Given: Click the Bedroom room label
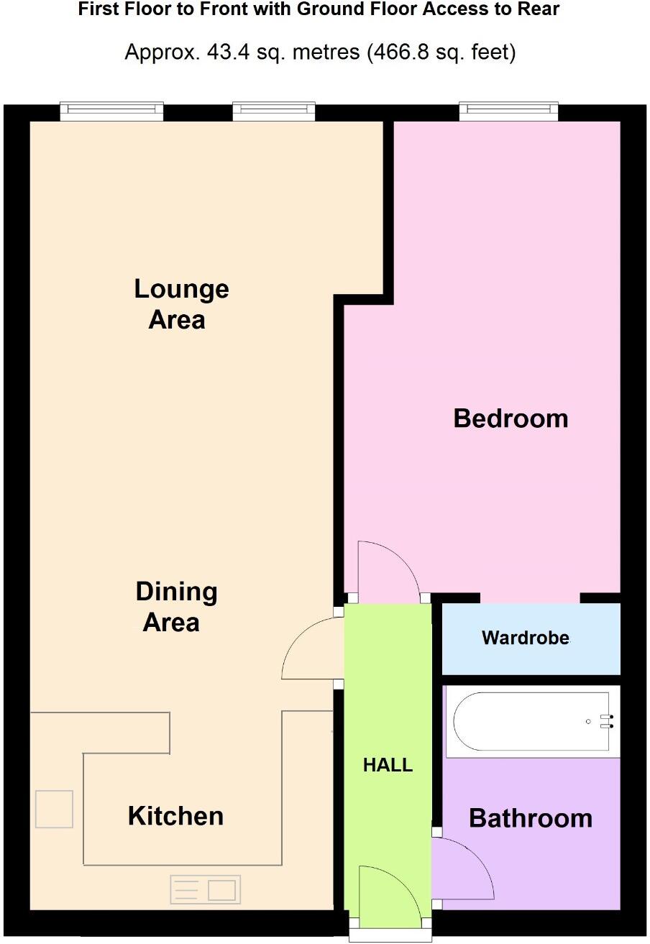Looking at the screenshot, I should coord(511,418).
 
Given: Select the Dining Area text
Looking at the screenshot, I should coord(176,606).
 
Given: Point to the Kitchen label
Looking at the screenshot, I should coord(175,815).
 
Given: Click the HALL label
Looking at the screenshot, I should coord(388,765).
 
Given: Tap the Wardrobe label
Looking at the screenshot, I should coord(526,638).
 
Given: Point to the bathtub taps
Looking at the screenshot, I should coord(610,721).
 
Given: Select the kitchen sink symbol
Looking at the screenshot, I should coord(205,890).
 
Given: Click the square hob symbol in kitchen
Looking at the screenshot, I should coord(54,809).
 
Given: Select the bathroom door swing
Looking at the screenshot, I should coord(464,869).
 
